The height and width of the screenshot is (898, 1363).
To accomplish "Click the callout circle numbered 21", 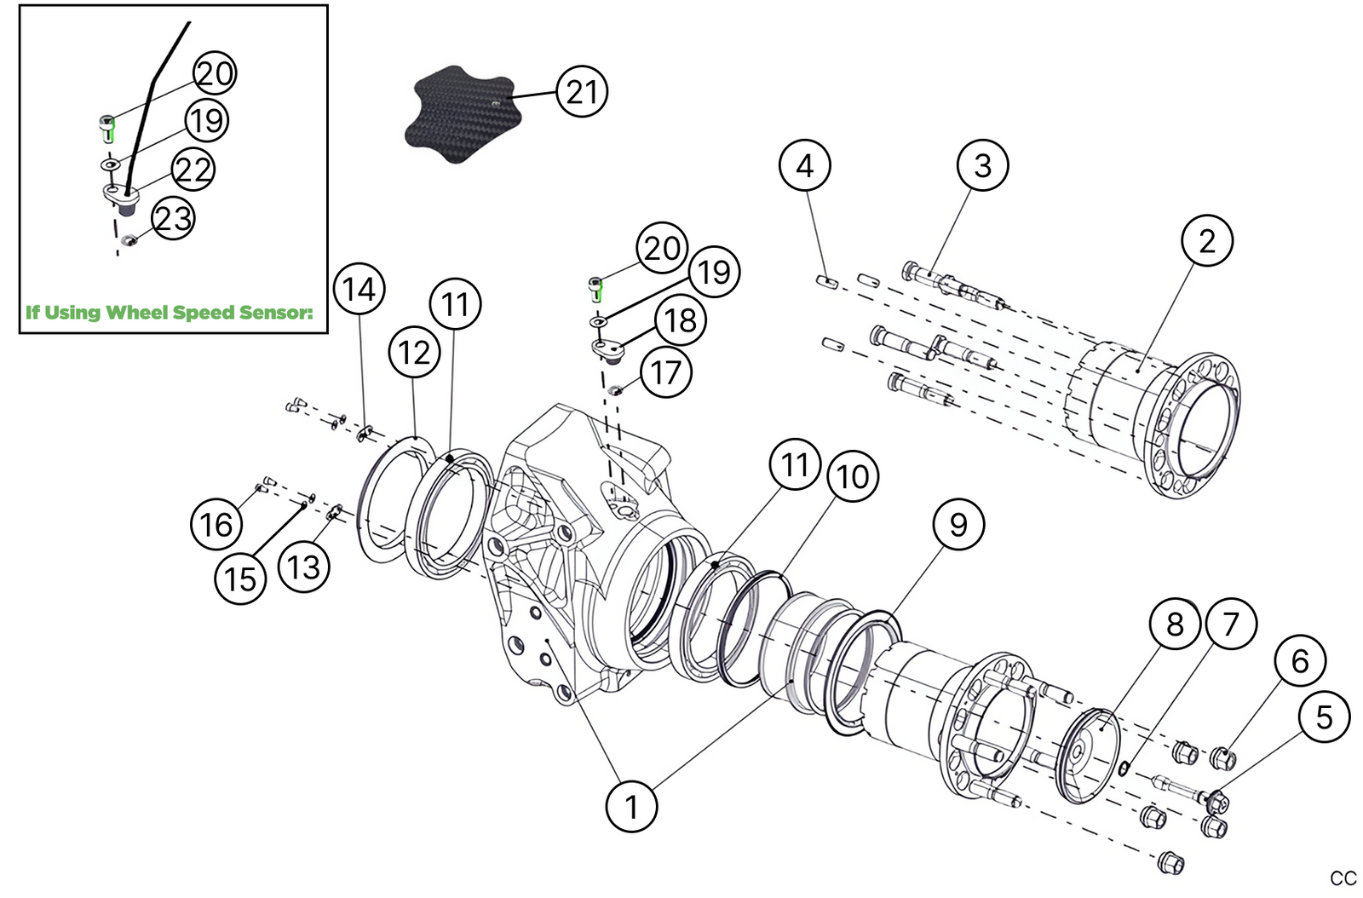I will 582,92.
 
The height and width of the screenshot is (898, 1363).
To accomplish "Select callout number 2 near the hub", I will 1207,241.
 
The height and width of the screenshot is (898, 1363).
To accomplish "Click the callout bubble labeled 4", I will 805,166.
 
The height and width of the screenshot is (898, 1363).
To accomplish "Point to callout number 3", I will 982,166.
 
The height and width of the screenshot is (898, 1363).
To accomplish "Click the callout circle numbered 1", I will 631,806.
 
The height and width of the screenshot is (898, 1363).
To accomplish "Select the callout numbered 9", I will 958,525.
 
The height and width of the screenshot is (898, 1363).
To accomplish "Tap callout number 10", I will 853,477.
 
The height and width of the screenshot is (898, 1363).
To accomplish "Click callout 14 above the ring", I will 359,290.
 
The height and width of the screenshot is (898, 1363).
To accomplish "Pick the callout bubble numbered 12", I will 415,353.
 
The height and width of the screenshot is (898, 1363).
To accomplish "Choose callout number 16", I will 216,524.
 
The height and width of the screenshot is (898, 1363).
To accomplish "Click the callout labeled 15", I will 240,579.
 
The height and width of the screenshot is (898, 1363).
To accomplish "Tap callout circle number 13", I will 304,567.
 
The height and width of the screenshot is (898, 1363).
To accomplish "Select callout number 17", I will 666,372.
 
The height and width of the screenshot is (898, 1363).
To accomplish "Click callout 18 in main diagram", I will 681,321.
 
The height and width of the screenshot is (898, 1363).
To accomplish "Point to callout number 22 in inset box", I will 193,170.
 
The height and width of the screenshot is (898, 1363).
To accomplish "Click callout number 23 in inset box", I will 173,218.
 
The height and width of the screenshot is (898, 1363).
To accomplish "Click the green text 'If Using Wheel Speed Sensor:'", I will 170,313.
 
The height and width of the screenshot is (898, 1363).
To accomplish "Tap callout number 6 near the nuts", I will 1300,660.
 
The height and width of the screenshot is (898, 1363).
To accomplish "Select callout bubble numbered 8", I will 1175,625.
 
